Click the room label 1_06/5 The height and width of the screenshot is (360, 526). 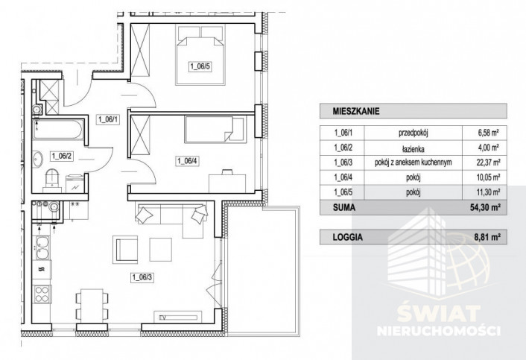tap(200, 66)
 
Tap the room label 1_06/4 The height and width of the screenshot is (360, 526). tap(188, 162)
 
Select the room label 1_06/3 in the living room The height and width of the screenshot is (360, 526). tap(142, 277)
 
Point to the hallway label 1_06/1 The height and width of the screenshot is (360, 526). tap(108, 119)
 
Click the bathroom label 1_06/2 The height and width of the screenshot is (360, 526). tap(62, 156)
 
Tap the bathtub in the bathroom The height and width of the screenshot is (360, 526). tap(57, 129)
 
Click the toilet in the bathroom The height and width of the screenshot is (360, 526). tap(52, 180)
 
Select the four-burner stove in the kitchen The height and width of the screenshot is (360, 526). tap(42, 294)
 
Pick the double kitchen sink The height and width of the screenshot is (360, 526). tap(42, 248)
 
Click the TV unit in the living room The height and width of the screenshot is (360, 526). tap(178, 316)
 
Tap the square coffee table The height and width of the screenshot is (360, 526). tap(161, 250)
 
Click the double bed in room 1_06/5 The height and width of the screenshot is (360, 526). tap(200, 55)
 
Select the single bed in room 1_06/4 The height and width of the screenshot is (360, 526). tap(214, 129)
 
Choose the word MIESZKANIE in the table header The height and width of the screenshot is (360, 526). tap(356, 111)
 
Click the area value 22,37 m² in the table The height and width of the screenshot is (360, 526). tap(488, 162)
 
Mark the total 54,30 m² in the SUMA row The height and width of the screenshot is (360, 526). tap(485, 208)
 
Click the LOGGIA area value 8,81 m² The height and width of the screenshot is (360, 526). tap(487, 237)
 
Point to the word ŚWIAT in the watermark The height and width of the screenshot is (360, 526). tap(438, 313)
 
